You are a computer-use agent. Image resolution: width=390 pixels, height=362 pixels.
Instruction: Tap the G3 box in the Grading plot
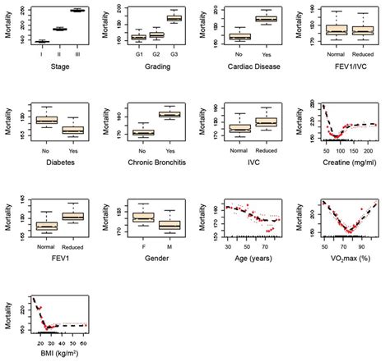click(x=174, y=18)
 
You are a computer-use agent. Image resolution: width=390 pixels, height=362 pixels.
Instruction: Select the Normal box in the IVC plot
click(x=239, y=128)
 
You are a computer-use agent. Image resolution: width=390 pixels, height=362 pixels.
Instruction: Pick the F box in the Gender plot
click(x=143, y=217)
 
